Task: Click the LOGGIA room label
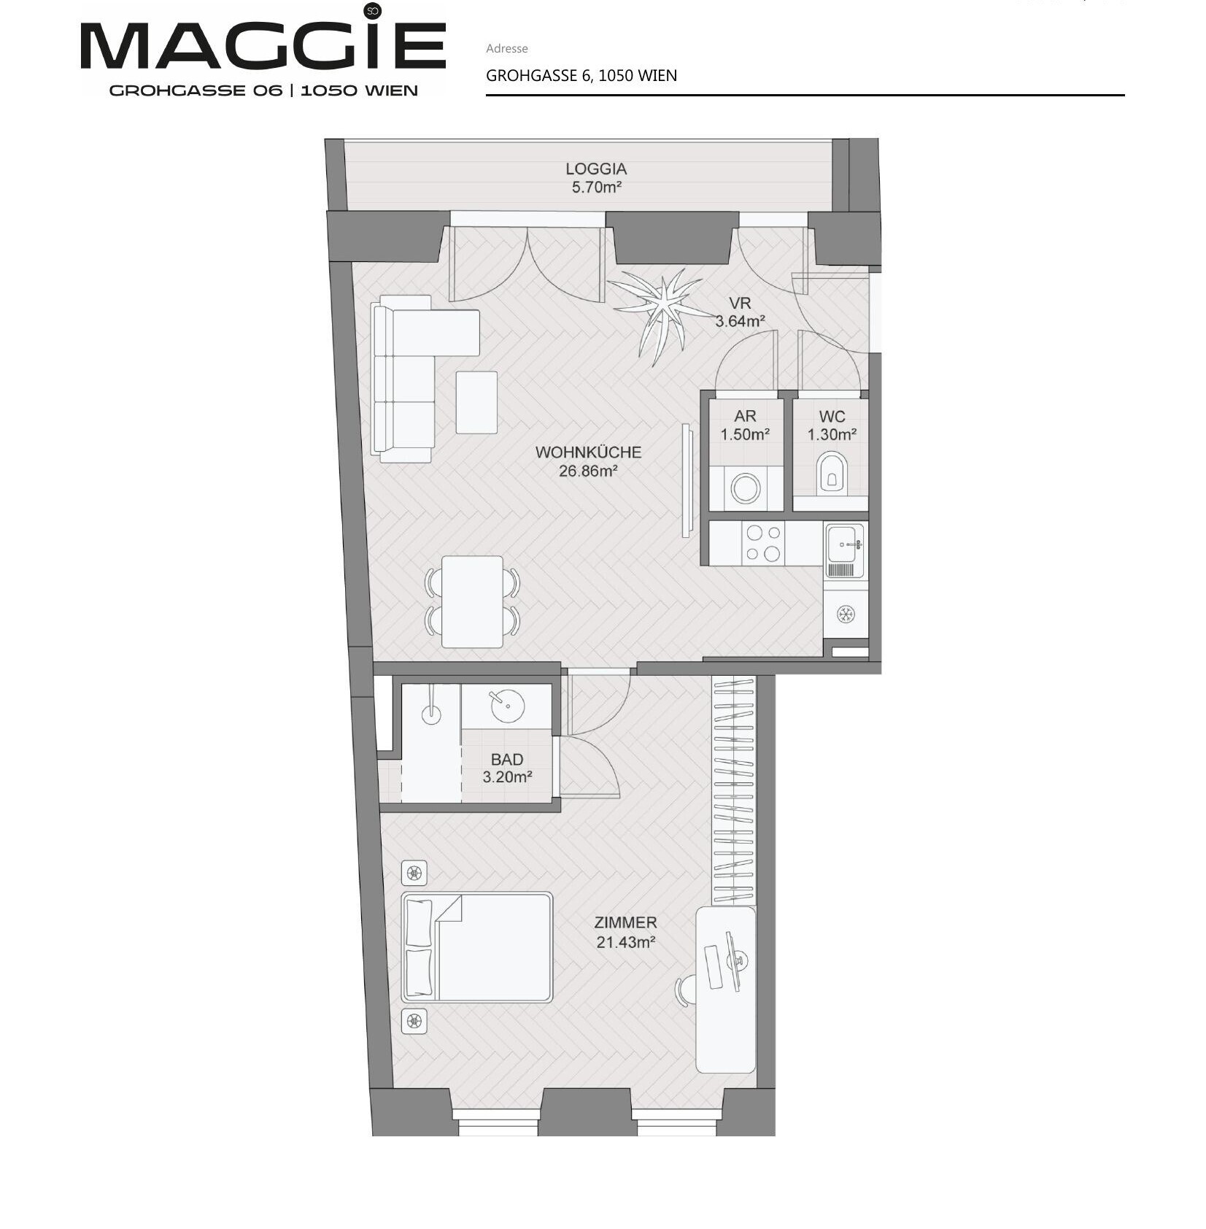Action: click(x=595, y=169)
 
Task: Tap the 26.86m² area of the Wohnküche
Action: click(x=588, y=471)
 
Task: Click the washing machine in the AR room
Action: click(x=746, y=488)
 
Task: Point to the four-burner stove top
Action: click(x=763, y=543)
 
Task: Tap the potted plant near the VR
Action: click(x=662, y=309)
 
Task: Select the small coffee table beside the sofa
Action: click(x=476, y=402)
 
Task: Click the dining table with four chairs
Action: click(x=472, y=602)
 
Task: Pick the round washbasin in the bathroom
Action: click(x=506, y=706)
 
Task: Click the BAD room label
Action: click(x=506, y=760)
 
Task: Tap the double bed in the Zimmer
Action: click(x=476, y=947)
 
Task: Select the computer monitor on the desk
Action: click(x=732, y=960)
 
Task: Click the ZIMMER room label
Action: click(x=625, y=922)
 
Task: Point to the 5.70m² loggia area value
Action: click(x=596, y=188)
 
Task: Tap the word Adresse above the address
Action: click(x=506, y=49)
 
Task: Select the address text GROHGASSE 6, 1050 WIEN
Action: click(x=581, y=75)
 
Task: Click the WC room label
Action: click(x=832, y=417)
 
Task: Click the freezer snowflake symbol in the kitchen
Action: click(x=846, y=614)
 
